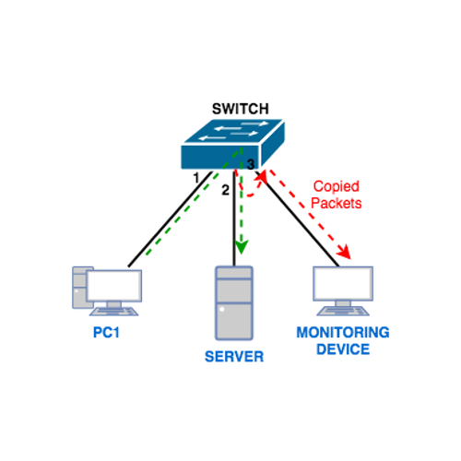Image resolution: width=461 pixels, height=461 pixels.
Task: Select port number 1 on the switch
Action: [x=196, y=175]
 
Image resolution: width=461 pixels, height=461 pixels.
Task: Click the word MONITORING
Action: [x=342, y=332]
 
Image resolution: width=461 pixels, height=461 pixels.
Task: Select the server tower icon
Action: [x=234, y=304]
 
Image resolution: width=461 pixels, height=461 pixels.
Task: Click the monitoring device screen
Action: [x=343, y=285]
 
